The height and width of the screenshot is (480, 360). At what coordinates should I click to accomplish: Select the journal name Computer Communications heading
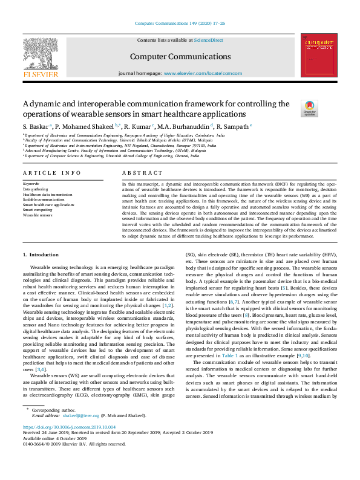(x=180, y=57)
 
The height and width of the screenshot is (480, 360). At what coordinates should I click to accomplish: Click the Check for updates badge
(x=309, y=109)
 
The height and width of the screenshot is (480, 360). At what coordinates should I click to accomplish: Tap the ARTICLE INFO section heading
(x=51, y=173)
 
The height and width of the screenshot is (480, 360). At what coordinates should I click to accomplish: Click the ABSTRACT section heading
(x=139, y=173)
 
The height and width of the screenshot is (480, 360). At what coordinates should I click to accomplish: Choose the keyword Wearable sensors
(x=37, y=215)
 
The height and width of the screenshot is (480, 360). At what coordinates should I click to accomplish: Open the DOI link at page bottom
(x=68, y=443)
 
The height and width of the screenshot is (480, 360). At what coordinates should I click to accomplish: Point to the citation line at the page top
(x=180, y=24)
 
